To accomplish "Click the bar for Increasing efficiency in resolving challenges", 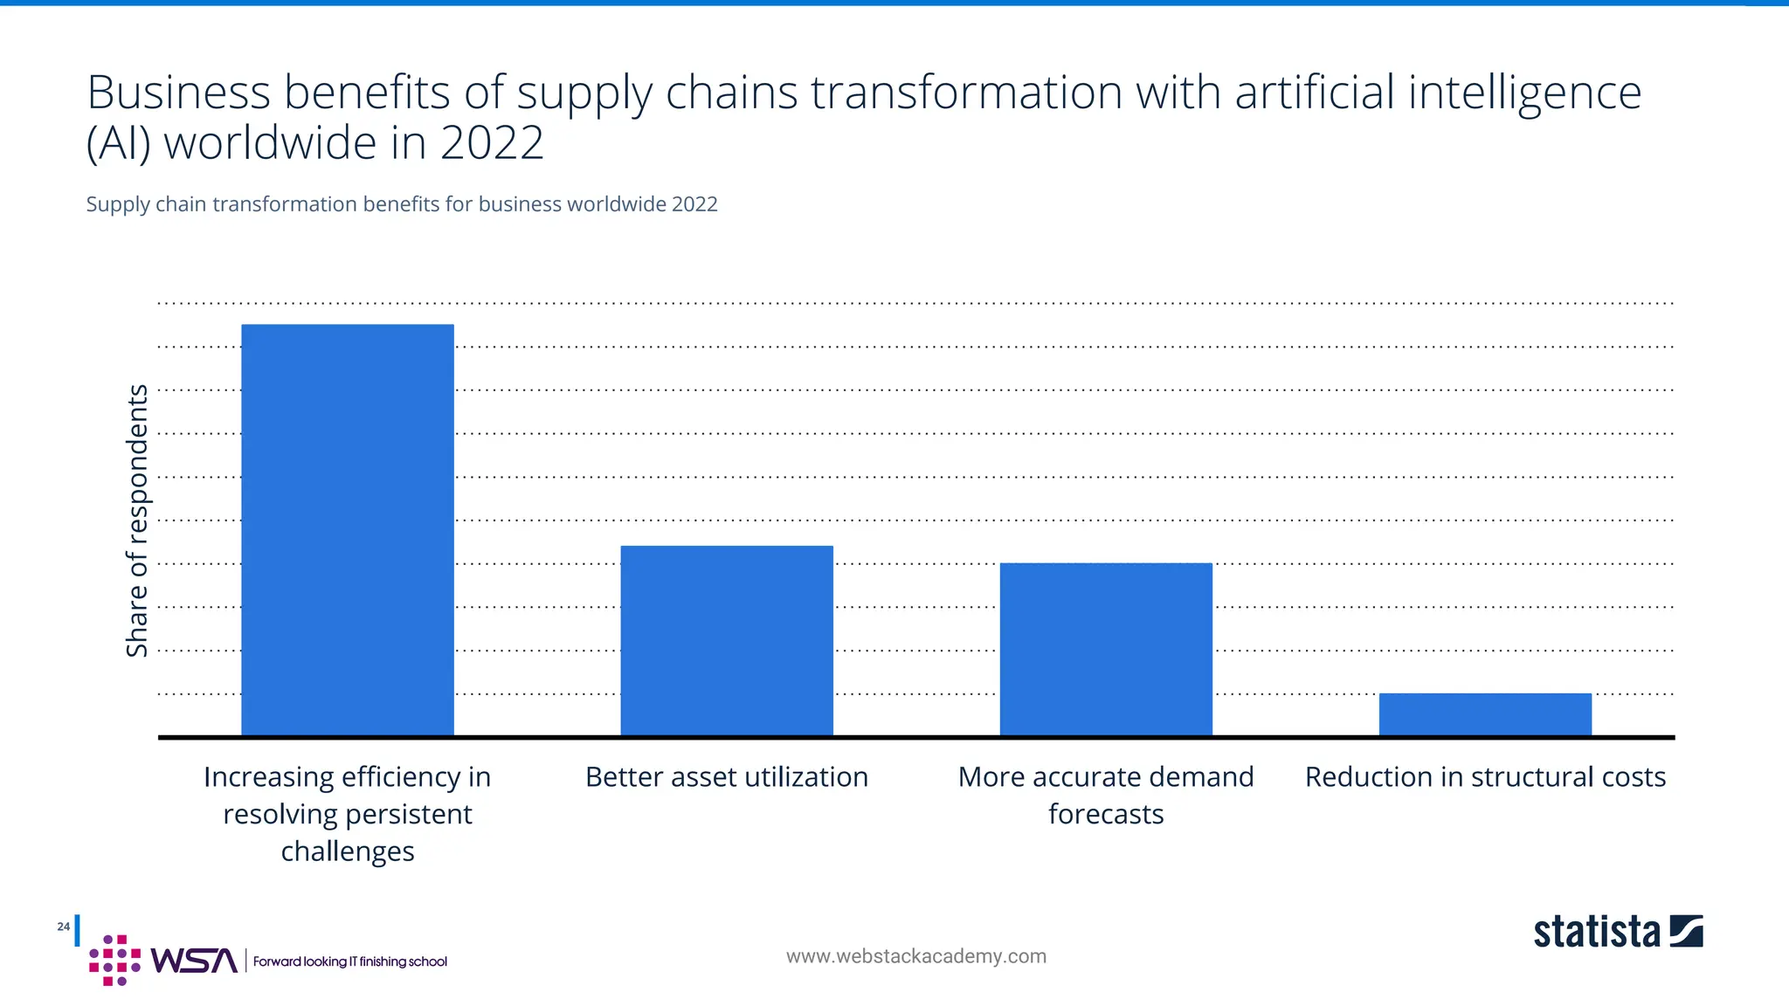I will pyautogui.click(x=347, y=530).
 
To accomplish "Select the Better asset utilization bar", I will pyautogui.click(x=727, y=641).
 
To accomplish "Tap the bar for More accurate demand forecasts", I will pyautogui.click(x=1106, y=650).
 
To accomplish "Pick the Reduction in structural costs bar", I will pyautogui.click(x=1485, y=714).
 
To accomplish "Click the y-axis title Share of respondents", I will pyautogui.click(x=137, y=520).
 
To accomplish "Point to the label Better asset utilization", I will pyautogui.click(x=727, y=777).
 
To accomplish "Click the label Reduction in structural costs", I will pyautogui.click(x=1485, y=777).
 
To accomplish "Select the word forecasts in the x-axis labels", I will pyautogui.click(x=1106, y=815).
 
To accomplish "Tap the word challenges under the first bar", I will pyautogui.click(x=347, y=851).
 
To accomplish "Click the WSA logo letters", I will pyautogui.click(x=193, y=961).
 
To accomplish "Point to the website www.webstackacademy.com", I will pyautogui.click(x=915, y=956).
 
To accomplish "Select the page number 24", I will pyautogui.click(x=63, y=927).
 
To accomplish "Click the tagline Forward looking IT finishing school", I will pyautogui.click(x=349, y=961).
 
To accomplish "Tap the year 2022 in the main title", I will pyautogui.click(x=492, y=143).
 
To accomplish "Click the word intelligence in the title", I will pyautogui.click(x=1524, y=93).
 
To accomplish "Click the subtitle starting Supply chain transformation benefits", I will pyautogui.click(x=401, y=204).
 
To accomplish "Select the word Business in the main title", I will pyautogui.click(x=178, y=93).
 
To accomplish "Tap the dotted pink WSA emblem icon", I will pyautogui.click(x=114, y=961).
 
